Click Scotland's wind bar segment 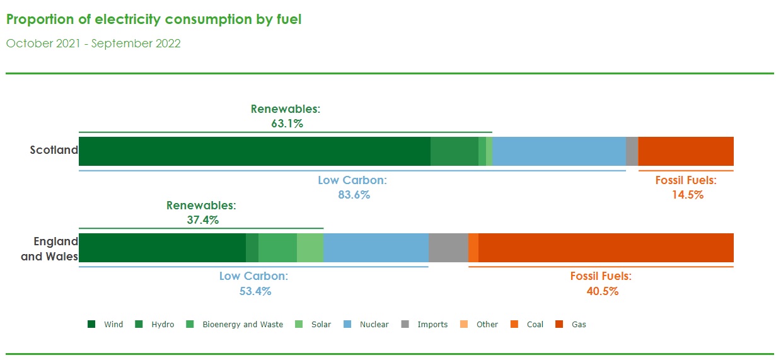coord(255,151)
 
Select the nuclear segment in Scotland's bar coord(559,151)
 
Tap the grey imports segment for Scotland coord(632,151)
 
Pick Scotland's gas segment coord(686,151)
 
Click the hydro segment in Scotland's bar coord(455,151)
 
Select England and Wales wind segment coord(163,248)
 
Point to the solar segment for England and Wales coord(310,248)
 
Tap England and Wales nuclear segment coord(376,248)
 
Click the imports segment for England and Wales coord(448,248)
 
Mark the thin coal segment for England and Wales coord(473,248)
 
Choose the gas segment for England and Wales coord(606,248)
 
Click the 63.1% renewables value coord(287,124)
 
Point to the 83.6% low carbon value coord(354,195)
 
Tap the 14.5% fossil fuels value coord(688,195)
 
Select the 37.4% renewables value coord(203,219)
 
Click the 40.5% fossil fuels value coord(603,291)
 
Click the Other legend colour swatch coord(463,324)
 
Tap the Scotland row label coord(54,149)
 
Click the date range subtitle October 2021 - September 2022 coord(93,44)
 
